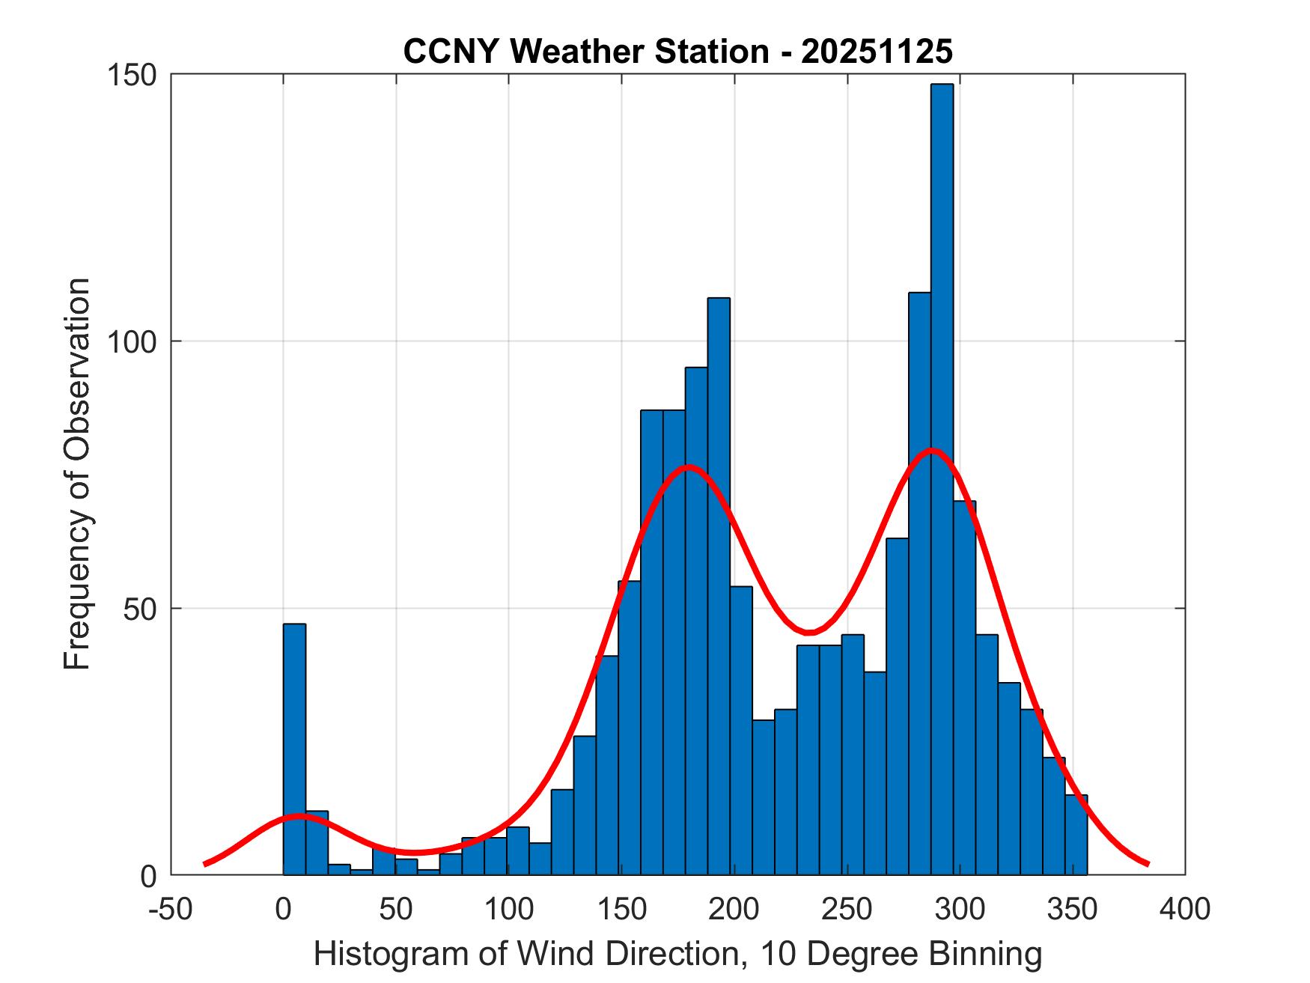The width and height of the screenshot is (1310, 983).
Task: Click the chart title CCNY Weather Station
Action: click(585, 52)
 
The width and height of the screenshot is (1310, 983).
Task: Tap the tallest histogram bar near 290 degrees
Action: click(942, 479)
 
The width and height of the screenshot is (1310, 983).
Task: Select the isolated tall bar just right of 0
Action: click(294, 749)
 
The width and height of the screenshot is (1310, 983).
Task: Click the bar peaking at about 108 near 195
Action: click(719, 584)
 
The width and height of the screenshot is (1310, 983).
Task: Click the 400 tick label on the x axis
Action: click(1184, 909)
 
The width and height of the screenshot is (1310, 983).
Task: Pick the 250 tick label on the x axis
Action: click(847, 909)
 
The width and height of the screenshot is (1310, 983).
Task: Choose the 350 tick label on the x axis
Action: click(1072, 909)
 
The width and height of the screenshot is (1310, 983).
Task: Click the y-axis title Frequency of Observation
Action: click(77, 474)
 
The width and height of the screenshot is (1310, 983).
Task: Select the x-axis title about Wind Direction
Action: click(677, 954)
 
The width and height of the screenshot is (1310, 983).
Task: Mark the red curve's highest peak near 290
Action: click(931, 451)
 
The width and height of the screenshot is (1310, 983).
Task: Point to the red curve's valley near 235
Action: click(809, 632)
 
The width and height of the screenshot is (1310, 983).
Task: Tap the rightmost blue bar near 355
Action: click(1076, 835)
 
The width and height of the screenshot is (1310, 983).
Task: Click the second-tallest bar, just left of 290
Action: click(919, 584)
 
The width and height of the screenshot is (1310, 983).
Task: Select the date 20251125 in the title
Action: click(877, 52)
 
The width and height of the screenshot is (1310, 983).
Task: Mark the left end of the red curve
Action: click(205, 864)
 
